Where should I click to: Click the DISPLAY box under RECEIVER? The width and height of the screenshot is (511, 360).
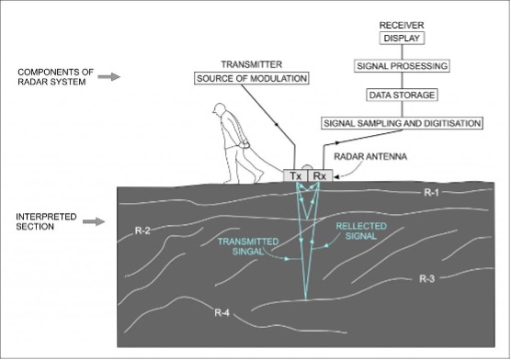tap(402, 39)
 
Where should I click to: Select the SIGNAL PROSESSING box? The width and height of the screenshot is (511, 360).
tap(402, 66)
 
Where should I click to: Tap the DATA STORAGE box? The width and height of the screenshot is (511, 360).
tap(402, 95)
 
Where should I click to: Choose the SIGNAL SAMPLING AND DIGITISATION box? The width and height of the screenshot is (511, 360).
tap(402, 123)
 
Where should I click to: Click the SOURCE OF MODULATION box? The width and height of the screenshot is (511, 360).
tap(252, 78)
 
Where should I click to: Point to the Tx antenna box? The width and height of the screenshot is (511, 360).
tap(296, 176)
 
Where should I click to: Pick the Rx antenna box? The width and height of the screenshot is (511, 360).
tap(320, 176)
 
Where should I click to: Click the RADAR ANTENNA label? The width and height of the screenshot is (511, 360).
tap(370, 157)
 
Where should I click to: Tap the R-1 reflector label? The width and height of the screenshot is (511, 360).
tap(431, 193)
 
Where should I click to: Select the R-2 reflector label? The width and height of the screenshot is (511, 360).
tap(142, 231)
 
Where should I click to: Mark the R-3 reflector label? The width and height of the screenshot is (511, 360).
tap(426, 279)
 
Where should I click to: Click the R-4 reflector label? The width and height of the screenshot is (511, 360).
tap(221, 313)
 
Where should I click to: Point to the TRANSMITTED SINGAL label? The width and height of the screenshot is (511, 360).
tap(248, 247)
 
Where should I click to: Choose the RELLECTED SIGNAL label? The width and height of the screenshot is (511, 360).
tap(361, 231)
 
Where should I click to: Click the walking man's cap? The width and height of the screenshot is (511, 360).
tap(219, 107)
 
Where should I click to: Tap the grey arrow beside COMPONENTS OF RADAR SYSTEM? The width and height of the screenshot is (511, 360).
tap(109, 77)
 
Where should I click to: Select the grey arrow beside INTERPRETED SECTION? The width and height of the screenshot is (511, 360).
tap(94, 222)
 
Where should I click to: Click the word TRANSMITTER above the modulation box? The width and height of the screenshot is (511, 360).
tap(252, 64)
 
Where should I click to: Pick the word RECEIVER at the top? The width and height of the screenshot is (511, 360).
tap(402, 25)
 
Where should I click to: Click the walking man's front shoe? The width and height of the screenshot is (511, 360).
tap(259, 176)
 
